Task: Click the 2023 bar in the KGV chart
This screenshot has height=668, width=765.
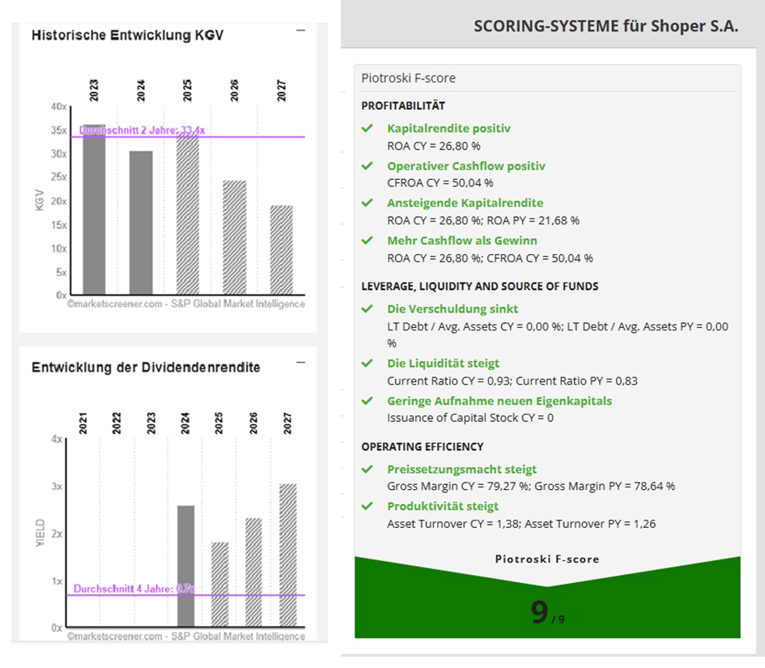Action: [x=94, y=211]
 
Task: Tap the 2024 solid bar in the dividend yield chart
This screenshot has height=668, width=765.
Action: [x=185, y=566]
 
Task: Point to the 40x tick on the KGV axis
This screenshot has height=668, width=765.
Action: [x=58, y=107]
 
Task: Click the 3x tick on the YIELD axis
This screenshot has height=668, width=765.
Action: [x=57, y=487]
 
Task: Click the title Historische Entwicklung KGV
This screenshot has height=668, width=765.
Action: [x=127, y=36]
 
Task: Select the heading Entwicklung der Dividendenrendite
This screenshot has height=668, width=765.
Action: [x=146, y=367]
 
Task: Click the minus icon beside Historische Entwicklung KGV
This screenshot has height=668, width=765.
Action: [x=301, y=31]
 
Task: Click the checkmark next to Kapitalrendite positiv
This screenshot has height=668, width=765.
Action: [x=368, y=128]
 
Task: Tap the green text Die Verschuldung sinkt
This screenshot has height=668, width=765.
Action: [x=452, y=308]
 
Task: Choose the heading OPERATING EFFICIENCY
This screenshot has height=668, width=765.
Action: [x=422, y=446]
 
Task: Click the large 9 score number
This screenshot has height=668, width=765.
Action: [x=539, y=613]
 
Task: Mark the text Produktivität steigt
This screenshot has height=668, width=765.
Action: [x=442, y=506]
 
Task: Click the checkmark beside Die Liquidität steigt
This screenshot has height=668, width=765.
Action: [x=368, y=363]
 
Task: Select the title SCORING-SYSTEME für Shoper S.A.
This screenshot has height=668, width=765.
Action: [x=606, y=25]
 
